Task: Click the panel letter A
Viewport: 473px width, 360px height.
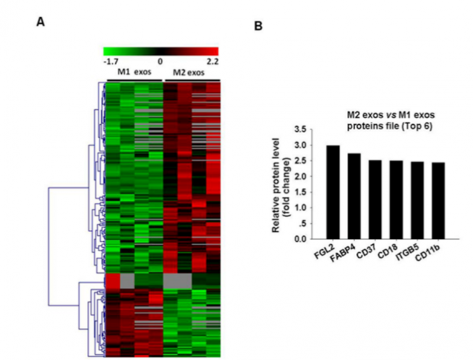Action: coord(40,22)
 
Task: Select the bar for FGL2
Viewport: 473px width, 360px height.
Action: coord(333,192)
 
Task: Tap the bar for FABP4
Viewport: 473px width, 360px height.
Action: coord(354,196)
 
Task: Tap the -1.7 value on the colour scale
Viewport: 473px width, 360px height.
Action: coord(111,60)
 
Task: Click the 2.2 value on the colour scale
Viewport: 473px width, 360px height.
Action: coord(212,60)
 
